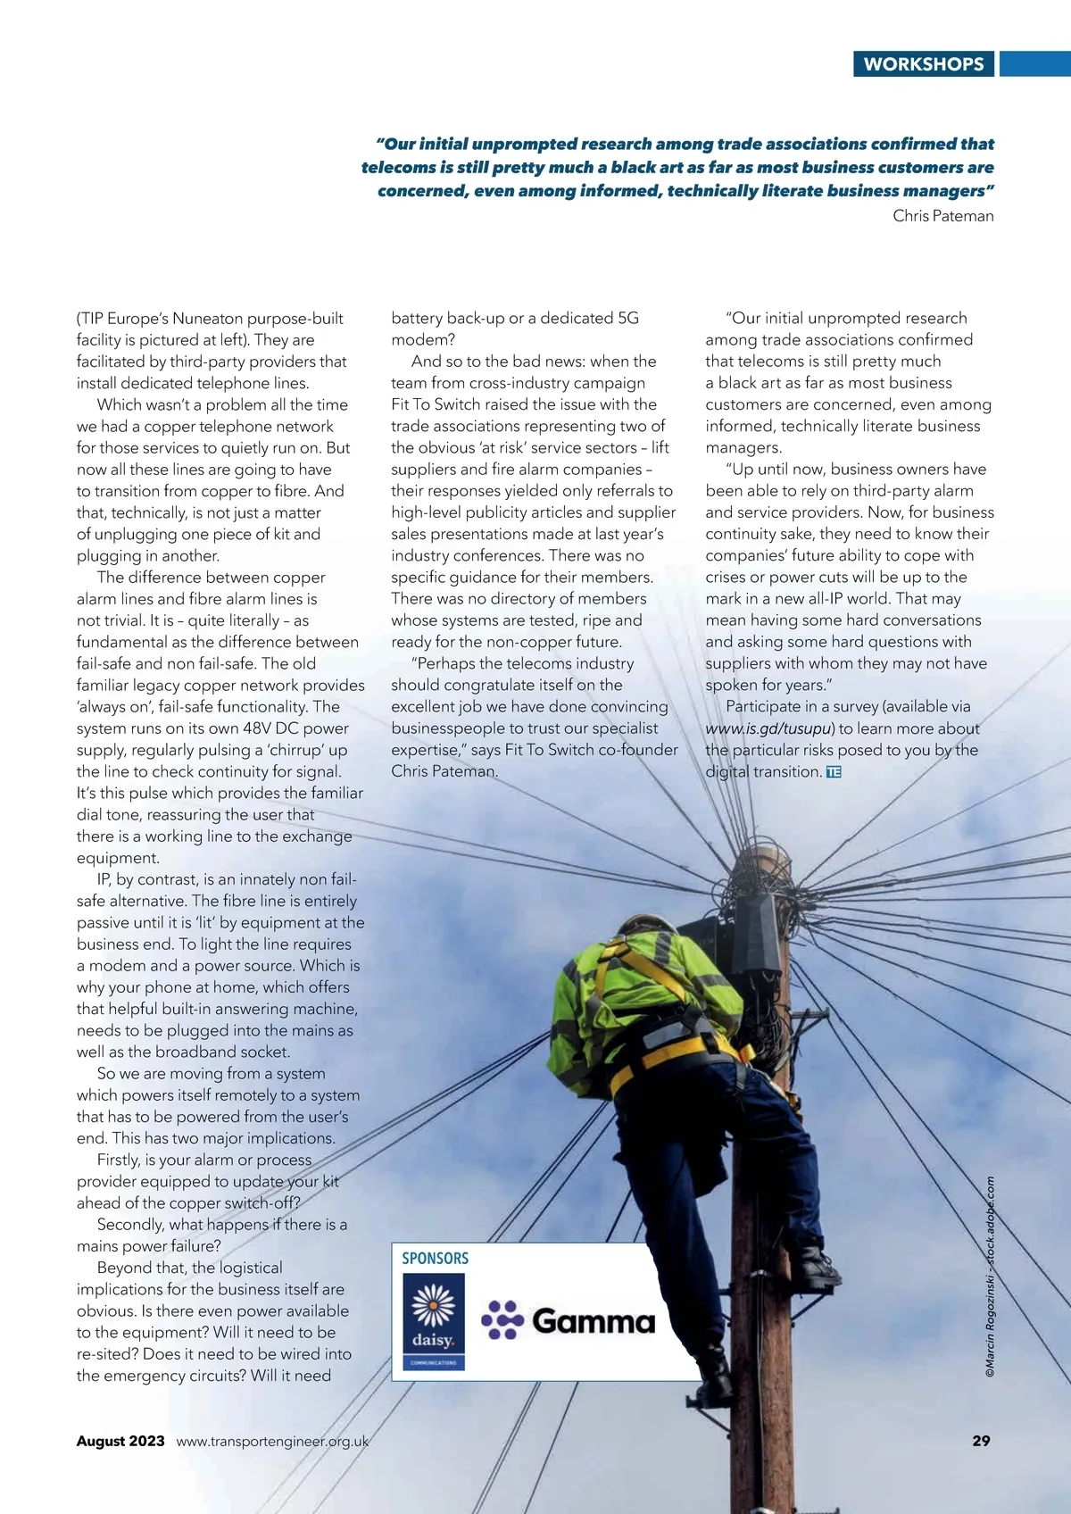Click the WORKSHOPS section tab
[923, 64]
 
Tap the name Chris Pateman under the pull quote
[942, 216]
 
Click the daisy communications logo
[433, 1321]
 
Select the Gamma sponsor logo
[569, 1320]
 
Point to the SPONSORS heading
[435, 1259]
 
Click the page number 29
[981, 1441]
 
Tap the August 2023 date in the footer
[120, 1441]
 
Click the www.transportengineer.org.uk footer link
[272, 1441]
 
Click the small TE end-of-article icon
[834, 772]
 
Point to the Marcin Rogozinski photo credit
[990, 1277]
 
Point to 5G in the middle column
[628, 319]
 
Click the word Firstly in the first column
[119, 1160]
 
